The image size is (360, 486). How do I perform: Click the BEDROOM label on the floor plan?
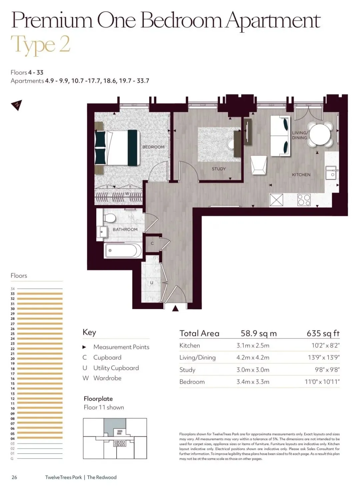tap(153, 147)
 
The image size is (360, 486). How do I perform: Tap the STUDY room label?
tap(218, 169)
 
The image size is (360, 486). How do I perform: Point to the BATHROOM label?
tap(125, 229)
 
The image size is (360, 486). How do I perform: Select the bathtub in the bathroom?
tap(123, 250)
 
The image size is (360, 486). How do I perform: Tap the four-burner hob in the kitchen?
tap(304, 200)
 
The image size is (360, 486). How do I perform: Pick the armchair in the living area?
tap(259, 165)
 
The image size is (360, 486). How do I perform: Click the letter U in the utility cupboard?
tap(151, 283)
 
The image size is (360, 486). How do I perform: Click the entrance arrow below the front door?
tap(175, 308)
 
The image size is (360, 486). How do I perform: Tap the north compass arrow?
tap(17, 105)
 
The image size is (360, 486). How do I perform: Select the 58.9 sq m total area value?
tap(259, 333)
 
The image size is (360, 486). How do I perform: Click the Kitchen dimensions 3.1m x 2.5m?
tap(253, 346)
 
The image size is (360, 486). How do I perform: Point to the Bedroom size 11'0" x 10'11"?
tap(322, 382)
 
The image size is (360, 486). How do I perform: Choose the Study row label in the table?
tap(187, 370)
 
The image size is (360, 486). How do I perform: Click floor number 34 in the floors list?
tap(13, 289)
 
